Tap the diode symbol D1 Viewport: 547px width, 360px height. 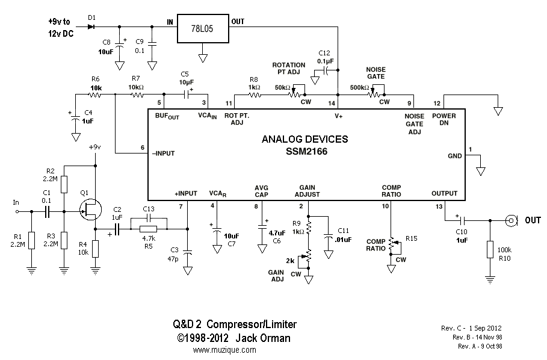click(91, 26)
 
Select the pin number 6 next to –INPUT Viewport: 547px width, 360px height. click(142, 147)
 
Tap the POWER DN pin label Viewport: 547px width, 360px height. click(444, 119)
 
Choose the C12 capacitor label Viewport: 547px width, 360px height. click(325, 53)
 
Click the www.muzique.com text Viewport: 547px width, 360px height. click(224, 350)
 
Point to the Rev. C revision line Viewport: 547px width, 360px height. click(472, 328)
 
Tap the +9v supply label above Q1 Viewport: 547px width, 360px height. click(95, 147)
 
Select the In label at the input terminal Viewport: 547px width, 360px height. click(16, 202)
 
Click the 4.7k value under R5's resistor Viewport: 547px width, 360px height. click(149, 238)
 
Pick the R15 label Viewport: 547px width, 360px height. click(412, 238)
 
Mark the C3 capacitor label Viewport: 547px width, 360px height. click(174, 250)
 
